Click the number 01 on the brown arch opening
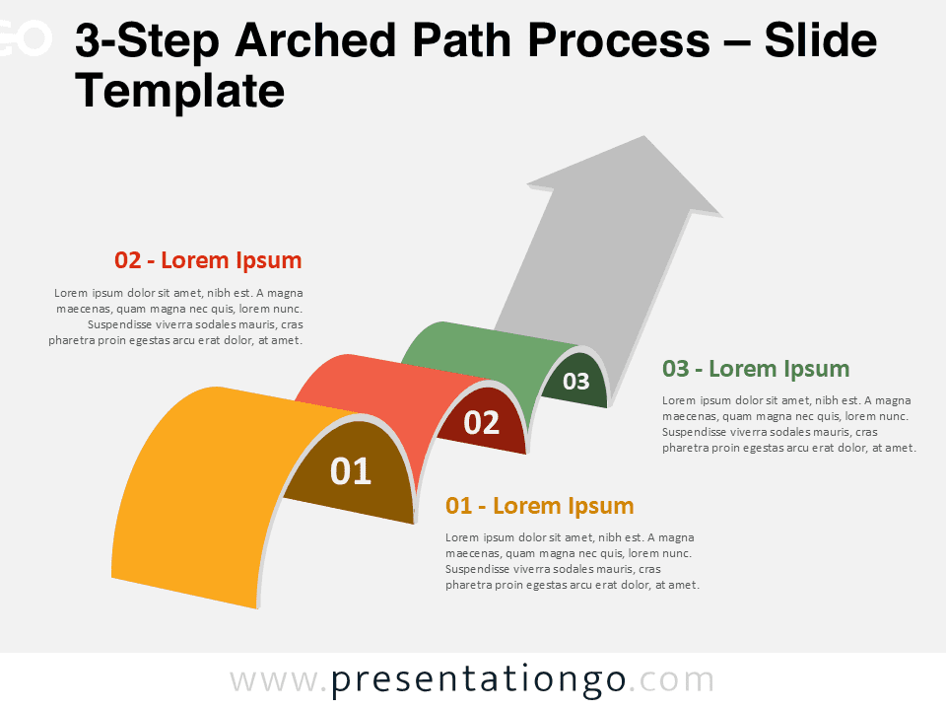(x=351, y=471)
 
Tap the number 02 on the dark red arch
(x=482, y=422)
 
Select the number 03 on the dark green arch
(x=575, y=381)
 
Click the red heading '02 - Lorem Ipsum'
(x=208, y=260)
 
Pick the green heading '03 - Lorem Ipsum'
(x=756, y=369)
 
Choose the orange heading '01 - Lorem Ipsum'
(x=539, y=506)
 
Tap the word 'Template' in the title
(x=179, y=92)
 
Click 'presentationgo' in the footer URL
(x=478, y=680)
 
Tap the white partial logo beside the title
(x=25, y=39)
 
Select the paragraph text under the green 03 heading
(x=788, y=424)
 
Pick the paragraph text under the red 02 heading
(x=177, y=317)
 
